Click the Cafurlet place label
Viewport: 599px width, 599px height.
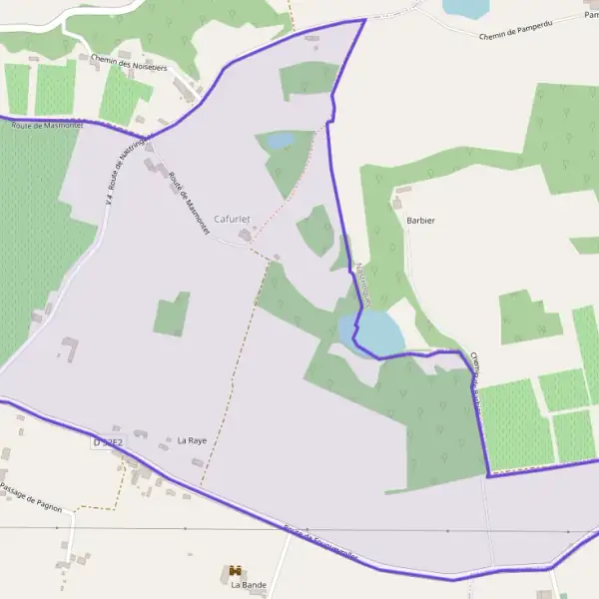pos(233,219)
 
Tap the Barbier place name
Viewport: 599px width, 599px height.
pos(420,221)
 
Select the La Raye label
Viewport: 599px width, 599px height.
pos(192,440)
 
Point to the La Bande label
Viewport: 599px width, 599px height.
pos(249,585)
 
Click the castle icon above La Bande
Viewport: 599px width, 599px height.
pos(237,571)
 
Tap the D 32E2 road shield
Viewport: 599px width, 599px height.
pos(108,441)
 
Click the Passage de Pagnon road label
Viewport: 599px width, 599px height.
pos(31,497)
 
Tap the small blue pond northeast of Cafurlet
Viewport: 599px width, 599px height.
pos(279,141)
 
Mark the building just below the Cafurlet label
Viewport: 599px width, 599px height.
pos(245,236)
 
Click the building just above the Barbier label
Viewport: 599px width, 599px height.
pos(403,189)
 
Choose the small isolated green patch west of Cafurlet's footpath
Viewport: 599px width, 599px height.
pos(172,314)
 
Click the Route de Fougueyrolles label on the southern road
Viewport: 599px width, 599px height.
pos(321,543)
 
